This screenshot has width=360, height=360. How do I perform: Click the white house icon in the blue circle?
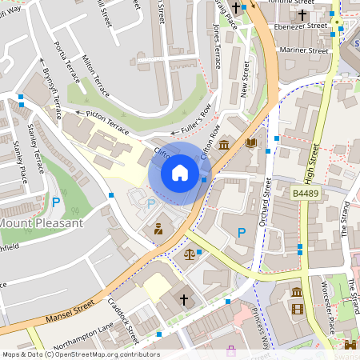click(x=180, y=173)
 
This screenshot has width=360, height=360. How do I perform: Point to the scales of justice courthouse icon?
click(x=190, y=254)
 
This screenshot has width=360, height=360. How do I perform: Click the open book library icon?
click(x=252, y=144)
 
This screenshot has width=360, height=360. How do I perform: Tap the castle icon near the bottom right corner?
click(x=350, y=346)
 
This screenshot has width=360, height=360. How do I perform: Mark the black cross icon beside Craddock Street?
click(x=183, y=300)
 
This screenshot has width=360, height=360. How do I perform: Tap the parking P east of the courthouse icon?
click(x=242, y=233)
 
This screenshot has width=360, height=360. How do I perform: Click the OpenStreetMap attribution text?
click(x=80, y=354)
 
